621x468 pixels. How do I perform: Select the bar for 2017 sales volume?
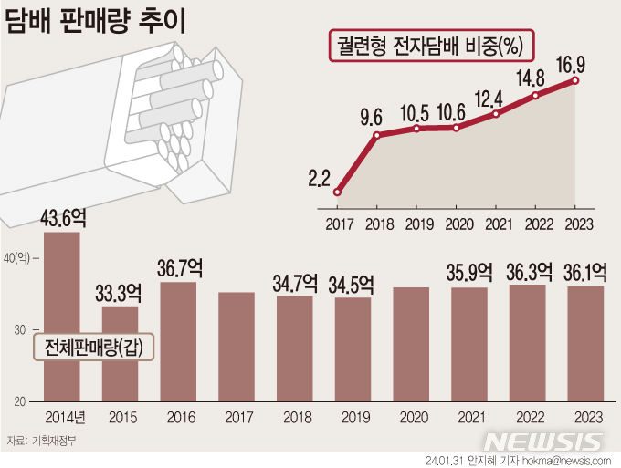point(237,347)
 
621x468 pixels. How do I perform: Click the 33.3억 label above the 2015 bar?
point(120,293)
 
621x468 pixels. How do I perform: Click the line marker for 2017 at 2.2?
point(338,192)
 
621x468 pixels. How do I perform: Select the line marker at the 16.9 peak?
point(575,80)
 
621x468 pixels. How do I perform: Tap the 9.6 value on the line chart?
point(371,117)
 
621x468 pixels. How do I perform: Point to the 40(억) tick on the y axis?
point(18,258)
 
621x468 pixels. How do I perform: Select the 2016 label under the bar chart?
point(178,418)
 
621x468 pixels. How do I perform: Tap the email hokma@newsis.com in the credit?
point(561,460)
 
